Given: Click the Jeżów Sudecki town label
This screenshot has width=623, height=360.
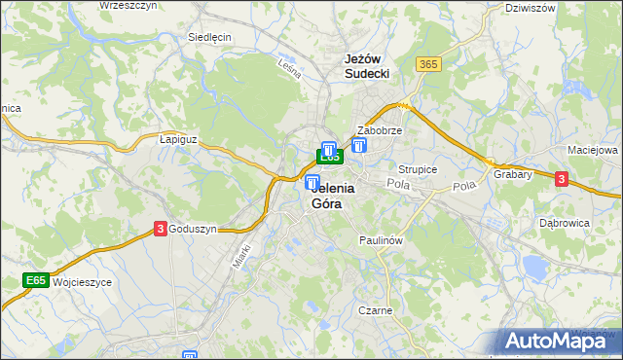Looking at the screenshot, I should pyautogui.click(x=368, y=66).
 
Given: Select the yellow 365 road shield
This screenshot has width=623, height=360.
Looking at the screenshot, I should pyautogui.click(x=427, y=64).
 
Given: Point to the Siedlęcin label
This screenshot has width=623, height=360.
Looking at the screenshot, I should pyautogui.click(x=208, y=37).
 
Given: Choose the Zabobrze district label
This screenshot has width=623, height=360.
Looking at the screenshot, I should pyautogui.click(x=380, y=129).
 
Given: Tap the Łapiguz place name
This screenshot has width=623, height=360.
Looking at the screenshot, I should pyautogui.click(x=178, y=139).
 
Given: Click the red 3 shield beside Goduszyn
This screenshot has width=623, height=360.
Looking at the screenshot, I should pyautogui.click(x=159, y=229).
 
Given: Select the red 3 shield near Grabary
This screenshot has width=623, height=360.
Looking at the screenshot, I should pyautogui.click(x=561, y=178).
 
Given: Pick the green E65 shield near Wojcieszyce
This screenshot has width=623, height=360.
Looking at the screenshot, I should pyautogui.click(x=36, y=281).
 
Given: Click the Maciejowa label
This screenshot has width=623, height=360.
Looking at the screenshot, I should pyautogui.click(x=593, y=151).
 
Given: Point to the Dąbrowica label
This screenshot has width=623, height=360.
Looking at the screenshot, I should pyautogui.click(x=565, y=222).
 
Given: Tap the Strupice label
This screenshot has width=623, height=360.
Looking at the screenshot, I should pyautogui.click(x=418, y=169).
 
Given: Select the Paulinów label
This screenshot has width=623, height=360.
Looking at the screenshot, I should pyautogui.click(x=381, y=238).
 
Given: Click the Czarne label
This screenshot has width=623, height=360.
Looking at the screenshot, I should pyautogui.click(x=375, y=310).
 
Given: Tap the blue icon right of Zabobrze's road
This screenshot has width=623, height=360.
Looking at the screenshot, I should pyautogui.click(x=360, y=146).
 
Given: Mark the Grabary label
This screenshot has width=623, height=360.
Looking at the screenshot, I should pyautogui.click(x=512, y=175).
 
